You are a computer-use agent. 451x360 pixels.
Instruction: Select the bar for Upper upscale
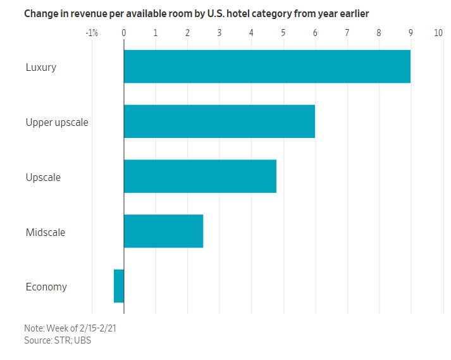click(219, 121)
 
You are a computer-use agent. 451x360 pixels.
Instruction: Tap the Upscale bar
click(200, 176)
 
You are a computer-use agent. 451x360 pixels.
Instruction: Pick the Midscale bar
click(163, 231)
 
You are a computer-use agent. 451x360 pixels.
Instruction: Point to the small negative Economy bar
click(119, 286)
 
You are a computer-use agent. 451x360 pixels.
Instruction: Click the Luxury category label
click(41, 67)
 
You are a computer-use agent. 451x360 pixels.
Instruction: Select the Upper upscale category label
click(57, 122)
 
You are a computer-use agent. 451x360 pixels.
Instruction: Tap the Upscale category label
click(43, 177)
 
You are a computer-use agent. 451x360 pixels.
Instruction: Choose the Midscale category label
click(46, 232)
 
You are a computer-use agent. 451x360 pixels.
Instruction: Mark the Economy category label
click(46, 287)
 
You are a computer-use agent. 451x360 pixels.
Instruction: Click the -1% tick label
click(91, 33)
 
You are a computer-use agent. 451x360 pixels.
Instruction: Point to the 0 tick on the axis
click(124, 33)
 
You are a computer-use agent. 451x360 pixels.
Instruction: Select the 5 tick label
click(283, 33)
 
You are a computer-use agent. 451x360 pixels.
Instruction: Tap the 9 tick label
click(411, 33)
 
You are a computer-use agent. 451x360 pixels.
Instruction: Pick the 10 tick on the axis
click(438, 33)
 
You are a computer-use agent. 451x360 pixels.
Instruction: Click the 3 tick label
click(219, 33)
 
